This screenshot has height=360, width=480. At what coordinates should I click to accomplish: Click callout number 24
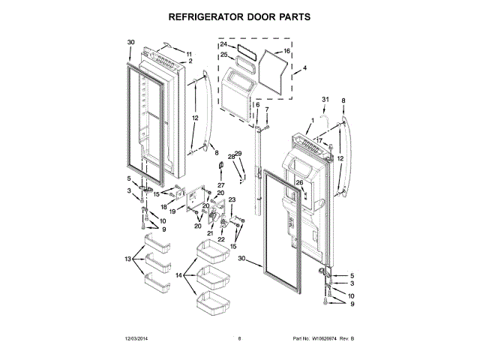[x=223, y=45]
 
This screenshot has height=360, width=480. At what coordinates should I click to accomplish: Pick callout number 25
[x=223, y=55]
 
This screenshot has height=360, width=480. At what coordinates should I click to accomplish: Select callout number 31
[x=325, y=100]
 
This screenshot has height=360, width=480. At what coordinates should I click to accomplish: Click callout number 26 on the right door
[x=299, y=183]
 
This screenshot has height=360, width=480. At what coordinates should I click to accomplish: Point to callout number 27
[x=221, y=184]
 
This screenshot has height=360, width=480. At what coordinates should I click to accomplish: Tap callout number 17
[x=318, y=140]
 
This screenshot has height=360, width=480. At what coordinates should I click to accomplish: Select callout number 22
[x=221, y=239]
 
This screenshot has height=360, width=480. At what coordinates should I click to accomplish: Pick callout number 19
[x=172, y=212]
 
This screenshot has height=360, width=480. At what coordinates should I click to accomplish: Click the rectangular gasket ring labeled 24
[x=243, y=49]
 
